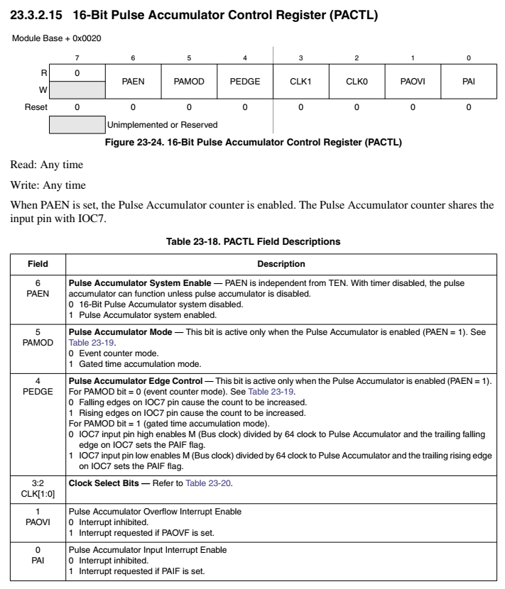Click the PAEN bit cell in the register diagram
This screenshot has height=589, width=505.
pos(133,82)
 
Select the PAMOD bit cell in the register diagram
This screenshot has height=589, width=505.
pos(189,82)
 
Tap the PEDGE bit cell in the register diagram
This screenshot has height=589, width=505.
pos(244,82)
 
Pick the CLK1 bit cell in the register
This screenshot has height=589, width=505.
pos(300,82)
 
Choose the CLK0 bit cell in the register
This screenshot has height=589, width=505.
pos(357,82)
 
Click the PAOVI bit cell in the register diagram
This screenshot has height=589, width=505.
pos(413,82)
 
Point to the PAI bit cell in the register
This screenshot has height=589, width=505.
pos(468,82)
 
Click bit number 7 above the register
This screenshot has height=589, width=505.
pos(77,57)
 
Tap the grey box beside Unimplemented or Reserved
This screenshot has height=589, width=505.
pos(77,125)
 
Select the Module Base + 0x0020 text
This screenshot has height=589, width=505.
pos(56,38)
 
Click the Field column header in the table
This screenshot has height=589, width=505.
pos(38,264)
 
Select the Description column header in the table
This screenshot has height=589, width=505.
pos(281,264)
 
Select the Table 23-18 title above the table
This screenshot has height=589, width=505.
pos(253,242)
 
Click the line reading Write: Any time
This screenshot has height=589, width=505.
pos(37,185)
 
